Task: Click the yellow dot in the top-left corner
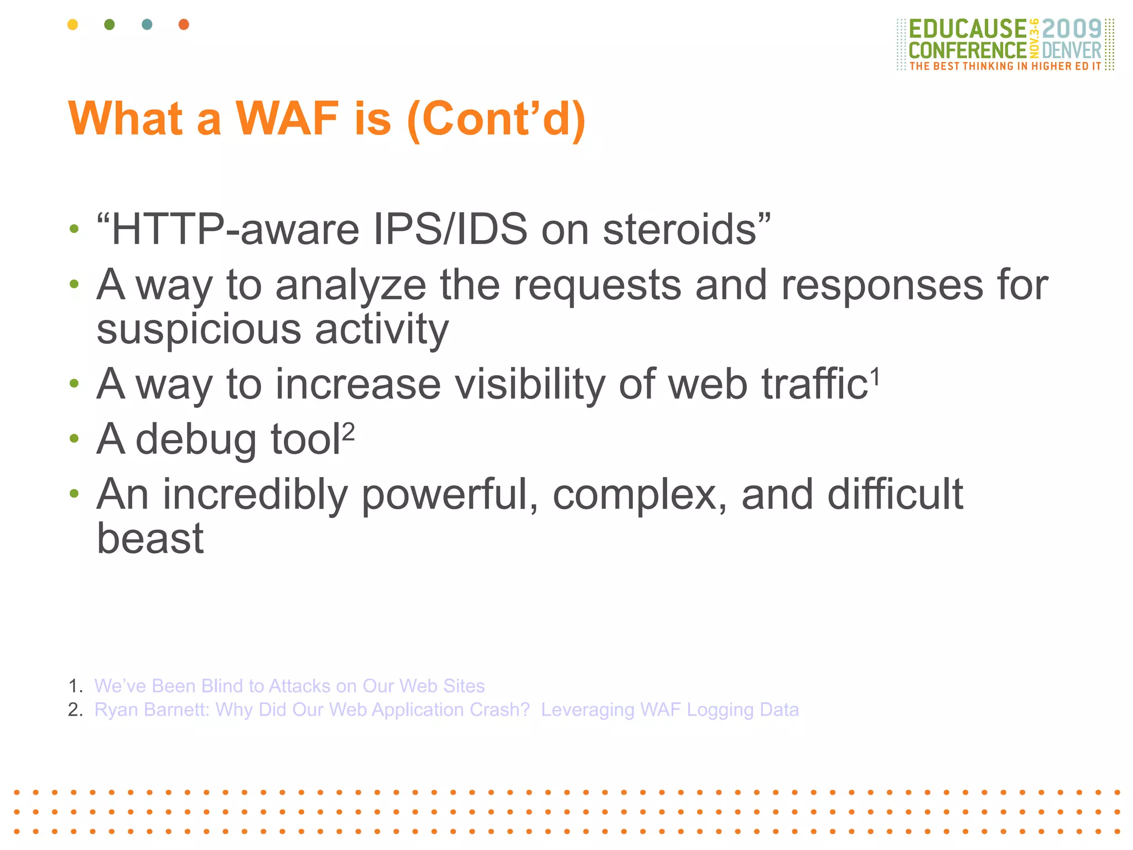coord(72,24)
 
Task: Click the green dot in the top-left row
coord(110,24)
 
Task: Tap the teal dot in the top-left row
coord(147,24)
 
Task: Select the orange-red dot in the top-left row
coord(184,24)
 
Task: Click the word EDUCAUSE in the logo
coord(967,29)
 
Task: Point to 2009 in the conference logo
coord(1072,29)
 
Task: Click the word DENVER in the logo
coord(1072,51)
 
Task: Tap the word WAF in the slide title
coord(287,119)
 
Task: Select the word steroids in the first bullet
coord(679,230)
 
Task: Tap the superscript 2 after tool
coord(348,432)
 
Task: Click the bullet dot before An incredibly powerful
coord(74,493)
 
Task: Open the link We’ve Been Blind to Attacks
coord(289,686)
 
